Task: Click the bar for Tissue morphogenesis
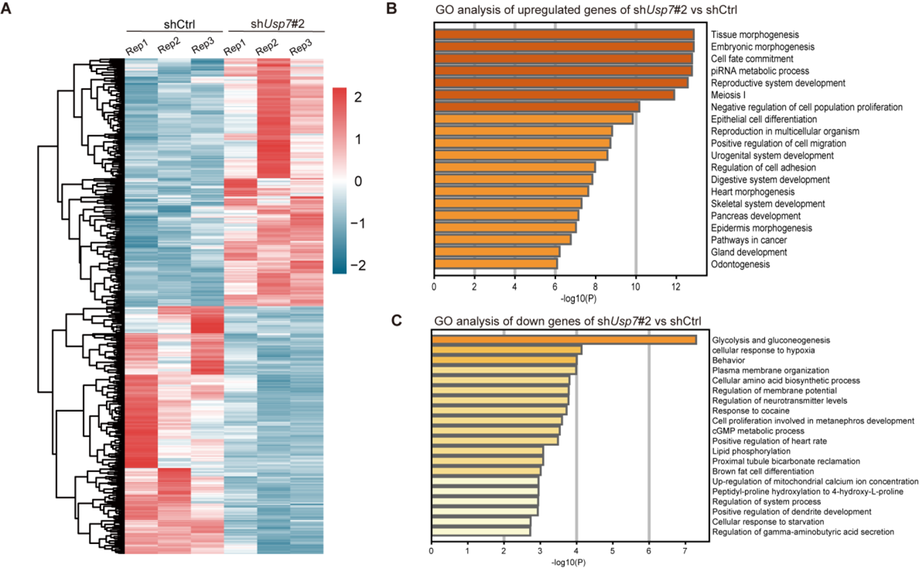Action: point(564,35)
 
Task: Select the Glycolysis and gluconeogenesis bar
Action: point(563,340)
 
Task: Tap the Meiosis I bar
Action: point(554,95)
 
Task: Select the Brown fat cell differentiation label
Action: point(763,471)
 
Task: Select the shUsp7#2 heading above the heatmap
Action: point(274,22)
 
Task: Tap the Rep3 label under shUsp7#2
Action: point(301,48)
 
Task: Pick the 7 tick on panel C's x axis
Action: point(685,553)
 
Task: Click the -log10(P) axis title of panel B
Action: point(575,297)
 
